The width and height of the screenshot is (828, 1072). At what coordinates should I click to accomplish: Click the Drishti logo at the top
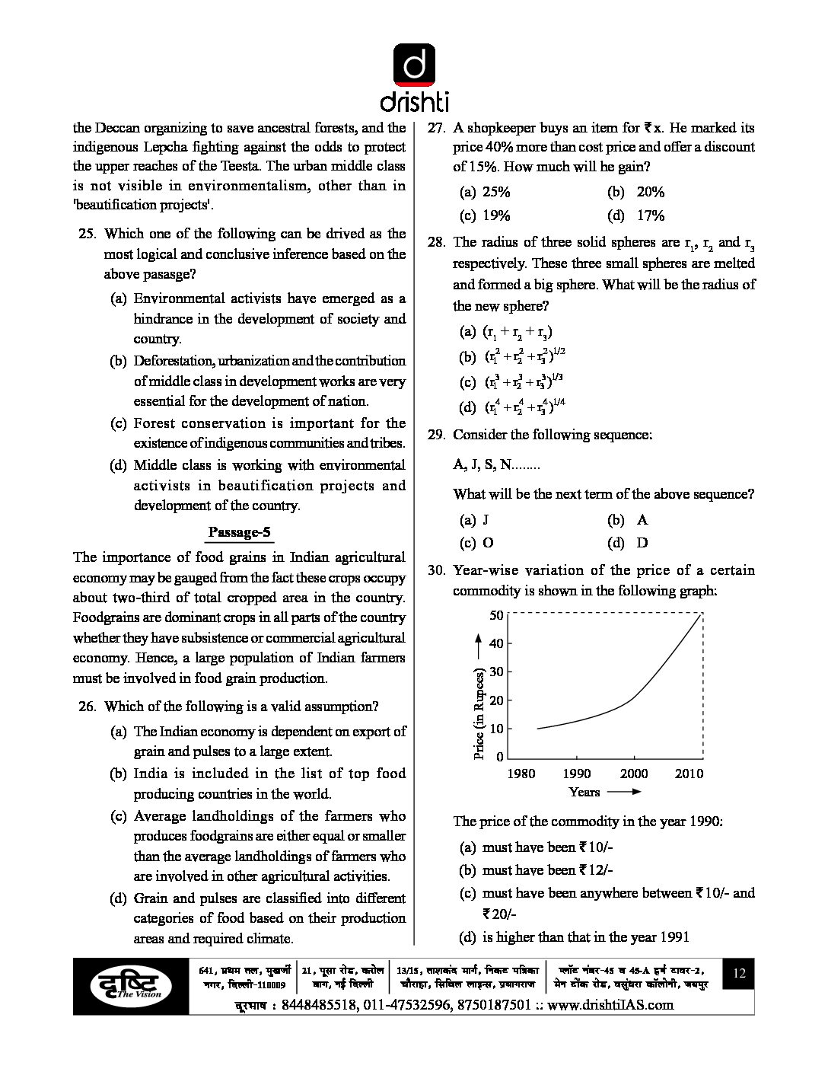point(414,76)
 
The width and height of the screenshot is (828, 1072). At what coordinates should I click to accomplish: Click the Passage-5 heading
point(240,532)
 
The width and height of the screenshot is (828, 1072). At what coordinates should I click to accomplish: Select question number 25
point(87,234)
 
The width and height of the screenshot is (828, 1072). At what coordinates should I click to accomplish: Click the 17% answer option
point(650,215)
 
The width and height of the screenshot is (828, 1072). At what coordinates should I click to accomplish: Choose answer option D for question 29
point(642,543)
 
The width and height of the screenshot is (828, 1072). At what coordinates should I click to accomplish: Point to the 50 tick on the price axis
point(496,615)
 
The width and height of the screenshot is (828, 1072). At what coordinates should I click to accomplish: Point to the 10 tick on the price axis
point(496,729)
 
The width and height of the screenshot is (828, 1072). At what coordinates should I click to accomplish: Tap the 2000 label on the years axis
point(633,774)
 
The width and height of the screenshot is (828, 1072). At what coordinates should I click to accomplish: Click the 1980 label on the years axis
point(521,774)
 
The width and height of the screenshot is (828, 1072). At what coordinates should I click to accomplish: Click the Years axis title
point(584,792)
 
